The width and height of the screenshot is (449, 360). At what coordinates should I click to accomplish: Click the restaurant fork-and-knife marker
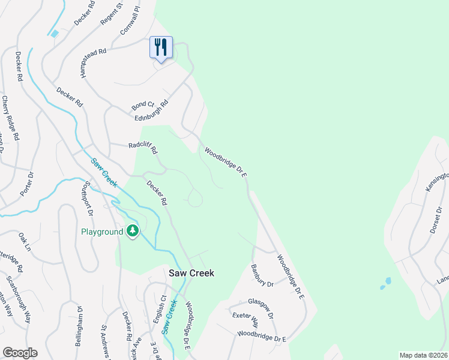[x=161, y=47]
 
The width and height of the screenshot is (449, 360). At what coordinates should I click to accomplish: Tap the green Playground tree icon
[x=133, y=231]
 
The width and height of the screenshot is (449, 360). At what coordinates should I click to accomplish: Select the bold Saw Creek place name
[x=190, y=273]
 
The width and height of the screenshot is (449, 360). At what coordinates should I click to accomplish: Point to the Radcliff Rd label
[x=143, y=147]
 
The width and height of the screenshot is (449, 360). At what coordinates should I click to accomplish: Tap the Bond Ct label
[x=143, y=106]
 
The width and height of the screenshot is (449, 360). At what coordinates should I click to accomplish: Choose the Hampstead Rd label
[x=83, y=62]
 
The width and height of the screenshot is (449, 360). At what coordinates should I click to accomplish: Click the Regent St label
[x=112, y=13]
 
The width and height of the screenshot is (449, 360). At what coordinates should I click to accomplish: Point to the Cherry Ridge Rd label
[x=11, y=118]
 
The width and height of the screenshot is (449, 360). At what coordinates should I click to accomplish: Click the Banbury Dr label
[x=262, y=275]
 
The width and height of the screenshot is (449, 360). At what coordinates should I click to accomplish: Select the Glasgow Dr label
[x=261, y=308]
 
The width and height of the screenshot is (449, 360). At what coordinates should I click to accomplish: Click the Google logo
[x=20, y=353]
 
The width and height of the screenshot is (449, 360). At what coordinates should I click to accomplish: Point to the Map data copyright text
[x=423, y=355]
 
